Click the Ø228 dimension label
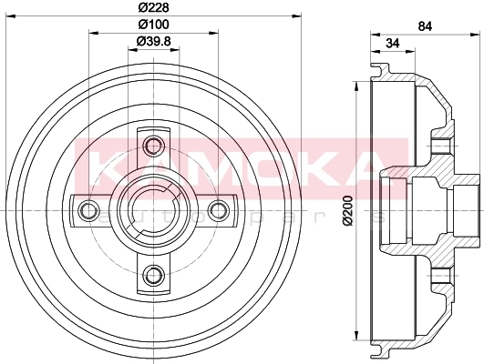pyautogui.click(x=153, y=7)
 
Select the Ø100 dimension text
pyautogui.click(x=153, y=24)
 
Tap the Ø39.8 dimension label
pyautogui.click(x=153, y=41)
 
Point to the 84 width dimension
pyautogui.click(x=425, y=26)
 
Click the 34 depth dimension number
pyautogui.click(x=393, y=43)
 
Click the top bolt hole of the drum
pyautogui.click(x=153, y=146)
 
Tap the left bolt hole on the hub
pyautogui.click(x=88, y=210)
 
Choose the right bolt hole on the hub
pyautogui.click(x=218, y=210)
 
